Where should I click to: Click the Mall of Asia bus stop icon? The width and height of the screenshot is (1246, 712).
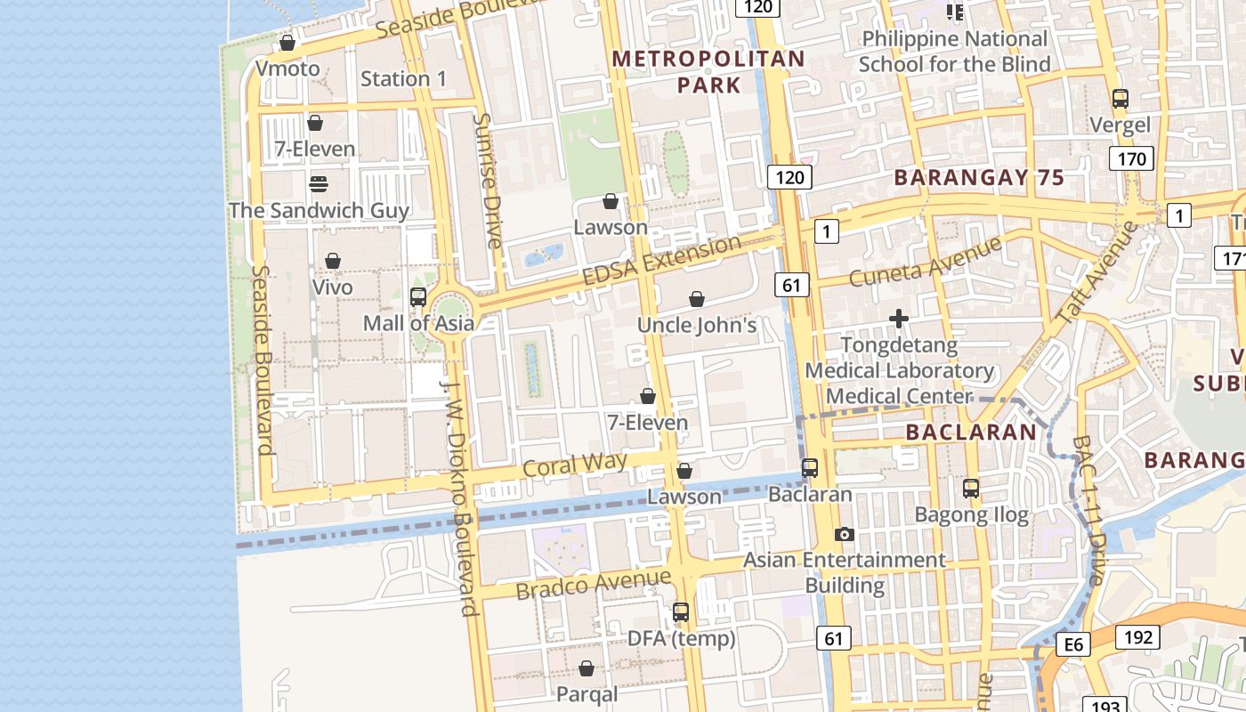click(x=417, y=297)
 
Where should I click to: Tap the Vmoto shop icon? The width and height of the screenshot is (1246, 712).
click(x=287, y=43)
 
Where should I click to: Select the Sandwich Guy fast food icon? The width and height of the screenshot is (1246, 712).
click(x=318, y=184)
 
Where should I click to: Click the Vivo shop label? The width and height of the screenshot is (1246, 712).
click(x=333, y=287)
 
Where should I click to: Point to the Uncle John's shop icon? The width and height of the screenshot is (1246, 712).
click(x=697, y=300)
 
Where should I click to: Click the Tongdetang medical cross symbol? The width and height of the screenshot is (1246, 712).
click(x=899, y=319)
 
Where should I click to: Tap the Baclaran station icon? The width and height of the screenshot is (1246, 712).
click(x=810, y=468)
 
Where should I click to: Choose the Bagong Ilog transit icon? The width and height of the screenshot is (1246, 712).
click(x=971, y=489)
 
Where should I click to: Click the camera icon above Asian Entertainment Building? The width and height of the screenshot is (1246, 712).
click(x=845, y=535)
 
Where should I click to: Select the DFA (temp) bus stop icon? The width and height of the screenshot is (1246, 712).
click(x=681, y=612)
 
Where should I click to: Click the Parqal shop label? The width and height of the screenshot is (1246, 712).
click(x=587, y=693)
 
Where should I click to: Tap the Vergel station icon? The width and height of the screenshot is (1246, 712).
click(x=1121, y=99)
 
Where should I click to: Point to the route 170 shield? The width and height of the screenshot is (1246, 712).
click(x=1131, y=159)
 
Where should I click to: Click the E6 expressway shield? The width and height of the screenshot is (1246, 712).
click(x=1074, y=644)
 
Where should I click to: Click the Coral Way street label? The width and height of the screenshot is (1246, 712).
click(x=574, y=465)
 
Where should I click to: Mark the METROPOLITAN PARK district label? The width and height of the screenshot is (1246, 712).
click(x=708, y=72)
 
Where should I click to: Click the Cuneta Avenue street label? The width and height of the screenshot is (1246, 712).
click(x=925, y=261)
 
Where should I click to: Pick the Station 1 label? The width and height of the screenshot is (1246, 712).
click(x=403, y=78)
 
